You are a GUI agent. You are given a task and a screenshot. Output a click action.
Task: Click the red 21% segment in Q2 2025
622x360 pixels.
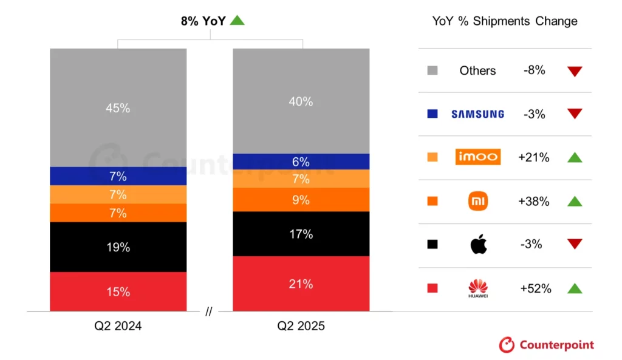click(301, 284)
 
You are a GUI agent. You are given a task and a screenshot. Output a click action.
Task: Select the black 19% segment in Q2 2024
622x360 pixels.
click(118, 247)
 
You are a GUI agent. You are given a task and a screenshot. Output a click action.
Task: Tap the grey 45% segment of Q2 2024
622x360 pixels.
click(118, 108)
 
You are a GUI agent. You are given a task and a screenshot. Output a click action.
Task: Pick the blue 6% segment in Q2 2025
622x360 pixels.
click(301, 161)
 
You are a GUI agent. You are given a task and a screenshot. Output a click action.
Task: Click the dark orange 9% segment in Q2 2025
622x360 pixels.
click(301, 200)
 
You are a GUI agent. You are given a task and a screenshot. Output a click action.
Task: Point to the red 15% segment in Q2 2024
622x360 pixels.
click(118, 291)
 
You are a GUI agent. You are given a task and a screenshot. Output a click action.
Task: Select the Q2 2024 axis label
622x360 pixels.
click(118, 326)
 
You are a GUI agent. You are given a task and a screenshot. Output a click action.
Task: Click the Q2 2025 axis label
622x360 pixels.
click(301, 326)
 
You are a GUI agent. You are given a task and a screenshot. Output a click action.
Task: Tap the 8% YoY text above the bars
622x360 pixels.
click(203, 21)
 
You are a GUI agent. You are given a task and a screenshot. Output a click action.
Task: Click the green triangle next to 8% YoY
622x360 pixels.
click(237, 21)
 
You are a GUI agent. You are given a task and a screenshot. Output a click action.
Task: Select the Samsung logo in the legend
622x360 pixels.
click(477, 114)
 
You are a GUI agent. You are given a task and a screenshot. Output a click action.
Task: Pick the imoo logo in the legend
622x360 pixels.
click(477, 157)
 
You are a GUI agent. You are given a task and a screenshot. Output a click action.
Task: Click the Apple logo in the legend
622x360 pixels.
click(478, 244)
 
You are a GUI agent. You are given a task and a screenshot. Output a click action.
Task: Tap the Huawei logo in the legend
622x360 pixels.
click(478, 288)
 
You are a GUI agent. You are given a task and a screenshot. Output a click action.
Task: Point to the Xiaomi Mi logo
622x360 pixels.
click(478, 201)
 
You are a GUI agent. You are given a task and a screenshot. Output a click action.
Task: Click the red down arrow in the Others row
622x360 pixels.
click(575, 71)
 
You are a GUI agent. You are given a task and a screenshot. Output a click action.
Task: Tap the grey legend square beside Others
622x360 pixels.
click(432, 71)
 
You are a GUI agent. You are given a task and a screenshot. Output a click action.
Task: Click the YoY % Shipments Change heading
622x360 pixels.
click(504, 21)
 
